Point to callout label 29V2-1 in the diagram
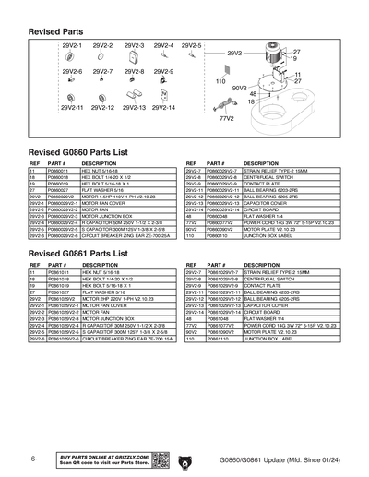pos(72,45)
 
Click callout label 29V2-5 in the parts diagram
pos(193,45)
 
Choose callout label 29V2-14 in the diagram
pos(163,108)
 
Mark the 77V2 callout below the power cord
pos(226,119)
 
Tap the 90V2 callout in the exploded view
pos(238,87)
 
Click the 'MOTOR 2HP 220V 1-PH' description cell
pos(116,300)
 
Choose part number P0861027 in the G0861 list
pos(57,293)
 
